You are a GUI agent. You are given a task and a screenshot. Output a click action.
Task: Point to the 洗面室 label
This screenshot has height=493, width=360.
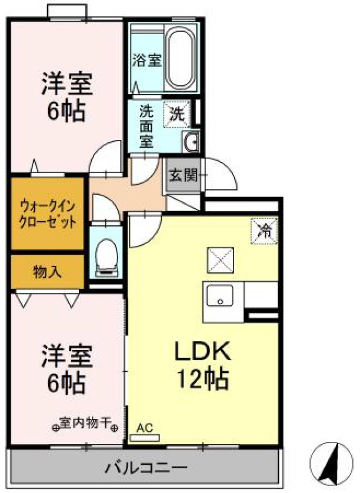[146, 125]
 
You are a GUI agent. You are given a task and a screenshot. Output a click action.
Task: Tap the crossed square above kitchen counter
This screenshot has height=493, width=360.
[220, 260]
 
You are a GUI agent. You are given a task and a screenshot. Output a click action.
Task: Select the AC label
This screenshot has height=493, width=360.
[145, 428]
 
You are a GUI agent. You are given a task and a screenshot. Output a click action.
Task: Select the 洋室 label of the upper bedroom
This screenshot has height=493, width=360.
[66, 85]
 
